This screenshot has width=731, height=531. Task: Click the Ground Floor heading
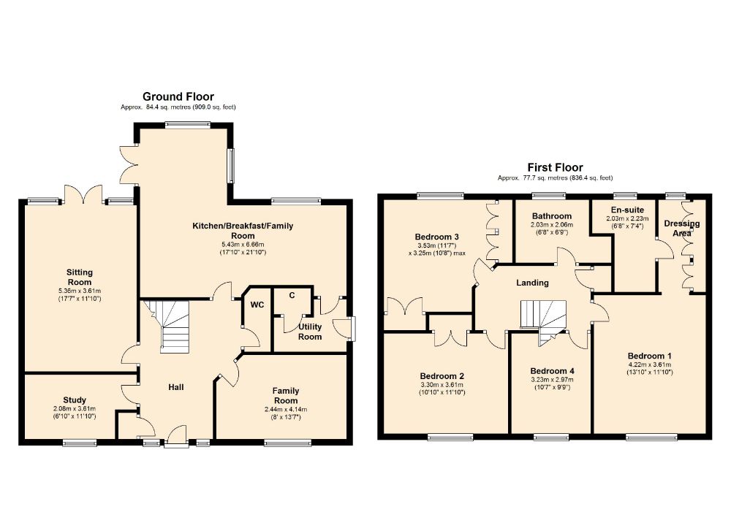178,96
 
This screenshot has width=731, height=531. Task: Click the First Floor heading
556,167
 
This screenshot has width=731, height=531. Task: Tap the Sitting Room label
80,277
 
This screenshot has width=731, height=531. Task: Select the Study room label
75,400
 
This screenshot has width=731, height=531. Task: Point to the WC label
257,305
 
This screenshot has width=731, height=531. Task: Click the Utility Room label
310,332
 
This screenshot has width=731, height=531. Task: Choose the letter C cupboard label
292,295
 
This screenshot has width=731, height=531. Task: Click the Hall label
176,387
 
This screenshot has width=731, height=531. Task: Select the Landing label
532,283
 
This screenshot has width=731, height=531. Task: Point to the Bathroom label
552,216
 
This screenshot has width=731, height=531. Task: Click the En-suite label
627,210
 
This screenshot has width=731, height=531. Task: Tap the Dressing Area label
681,228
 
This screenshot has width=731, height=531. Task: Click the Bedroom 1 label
649,356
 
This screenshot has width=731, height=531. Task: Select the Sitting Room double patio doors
83,194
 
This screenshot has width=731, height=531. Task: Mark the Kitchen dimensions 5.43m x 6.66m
243,245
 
